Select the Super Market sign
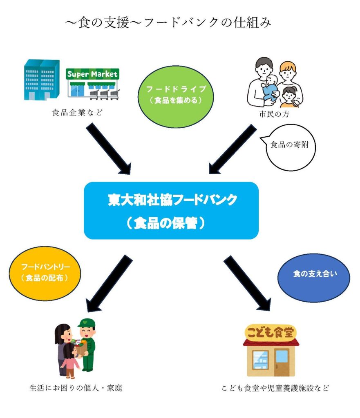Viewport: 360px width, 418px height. pos(92,74)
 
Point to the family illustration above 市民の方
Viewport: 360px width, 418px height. pos(275,82)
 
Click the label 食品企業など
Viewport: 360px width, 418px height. pos(76,113)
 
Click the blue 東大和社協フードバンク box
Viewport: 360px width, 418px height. pos(171,210)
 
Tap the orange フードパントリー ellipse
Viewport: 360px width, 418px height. pos(45,272)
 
